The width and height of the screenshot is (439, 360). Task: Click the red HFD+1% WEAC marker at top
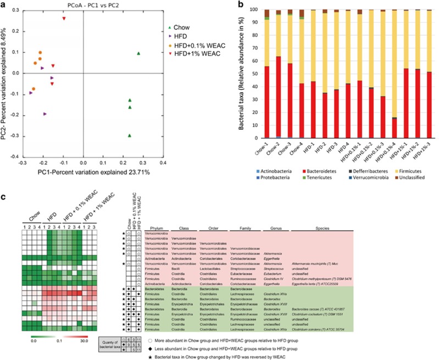64,18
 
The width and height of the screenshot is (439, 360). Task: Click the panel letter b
252,4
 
